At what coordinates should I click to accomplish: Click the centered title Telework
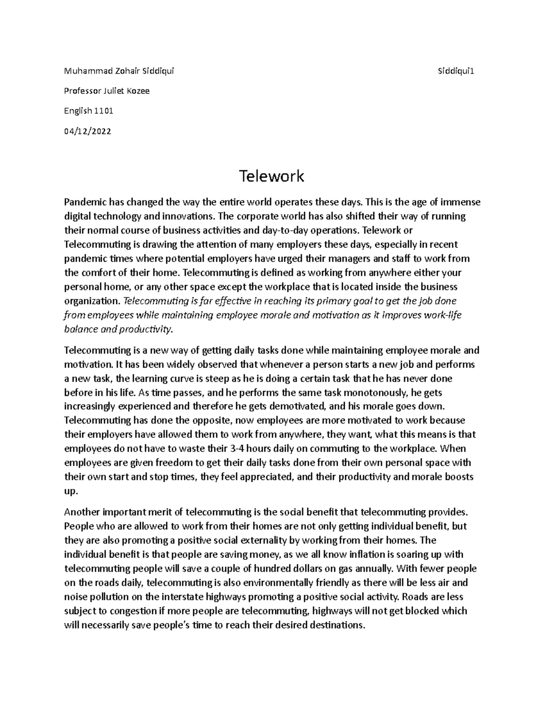[x=272, y=176]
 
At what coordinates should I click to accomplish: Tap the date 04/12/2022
[x=87, y=131]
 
